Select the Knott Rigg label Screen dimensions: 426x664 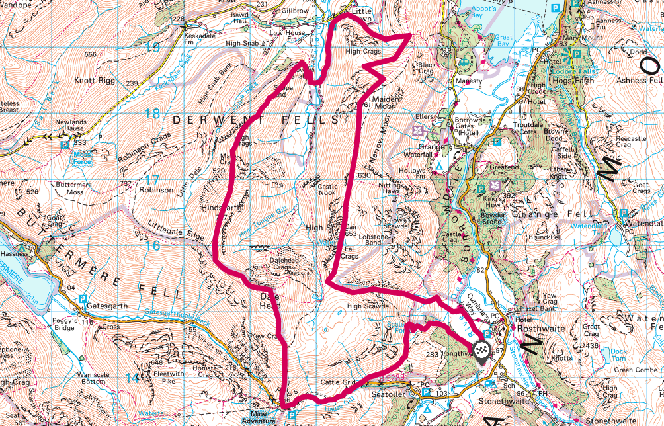pyautogui.click(x=96, y=80)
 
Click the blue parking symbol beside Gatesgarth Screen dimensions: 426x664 pyautogui.click(x=83, y=299)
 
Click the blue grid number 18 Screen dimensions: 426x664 pyautogui.click(x=152, y=114)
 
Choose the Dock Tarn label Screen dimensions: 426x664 pyautogui.click(x=619, y=355)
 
